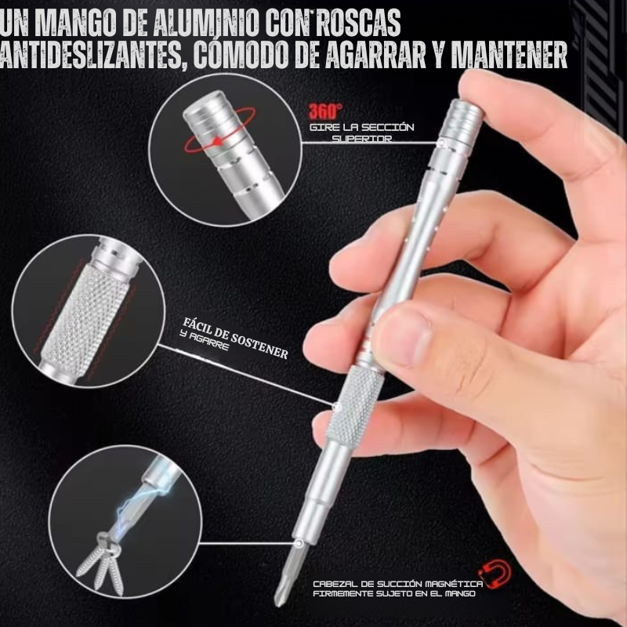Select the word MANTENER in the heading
(x=509, y=54)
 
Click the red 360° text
(x=325, y=111)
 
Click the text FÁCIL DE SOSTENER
(x=236, y=339)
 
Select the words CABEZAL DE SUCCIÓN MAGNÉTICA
(x=398, y=584)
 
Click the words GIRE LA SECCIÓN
(x=362, y=128)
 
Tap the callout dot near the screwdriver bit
(x=299, y=543)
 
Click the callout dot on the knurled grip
(x=337, y=407)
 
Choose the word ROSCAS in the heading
(x=358, y=23)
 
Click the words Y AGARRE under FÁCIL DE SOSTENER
(x=205, y=340)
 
